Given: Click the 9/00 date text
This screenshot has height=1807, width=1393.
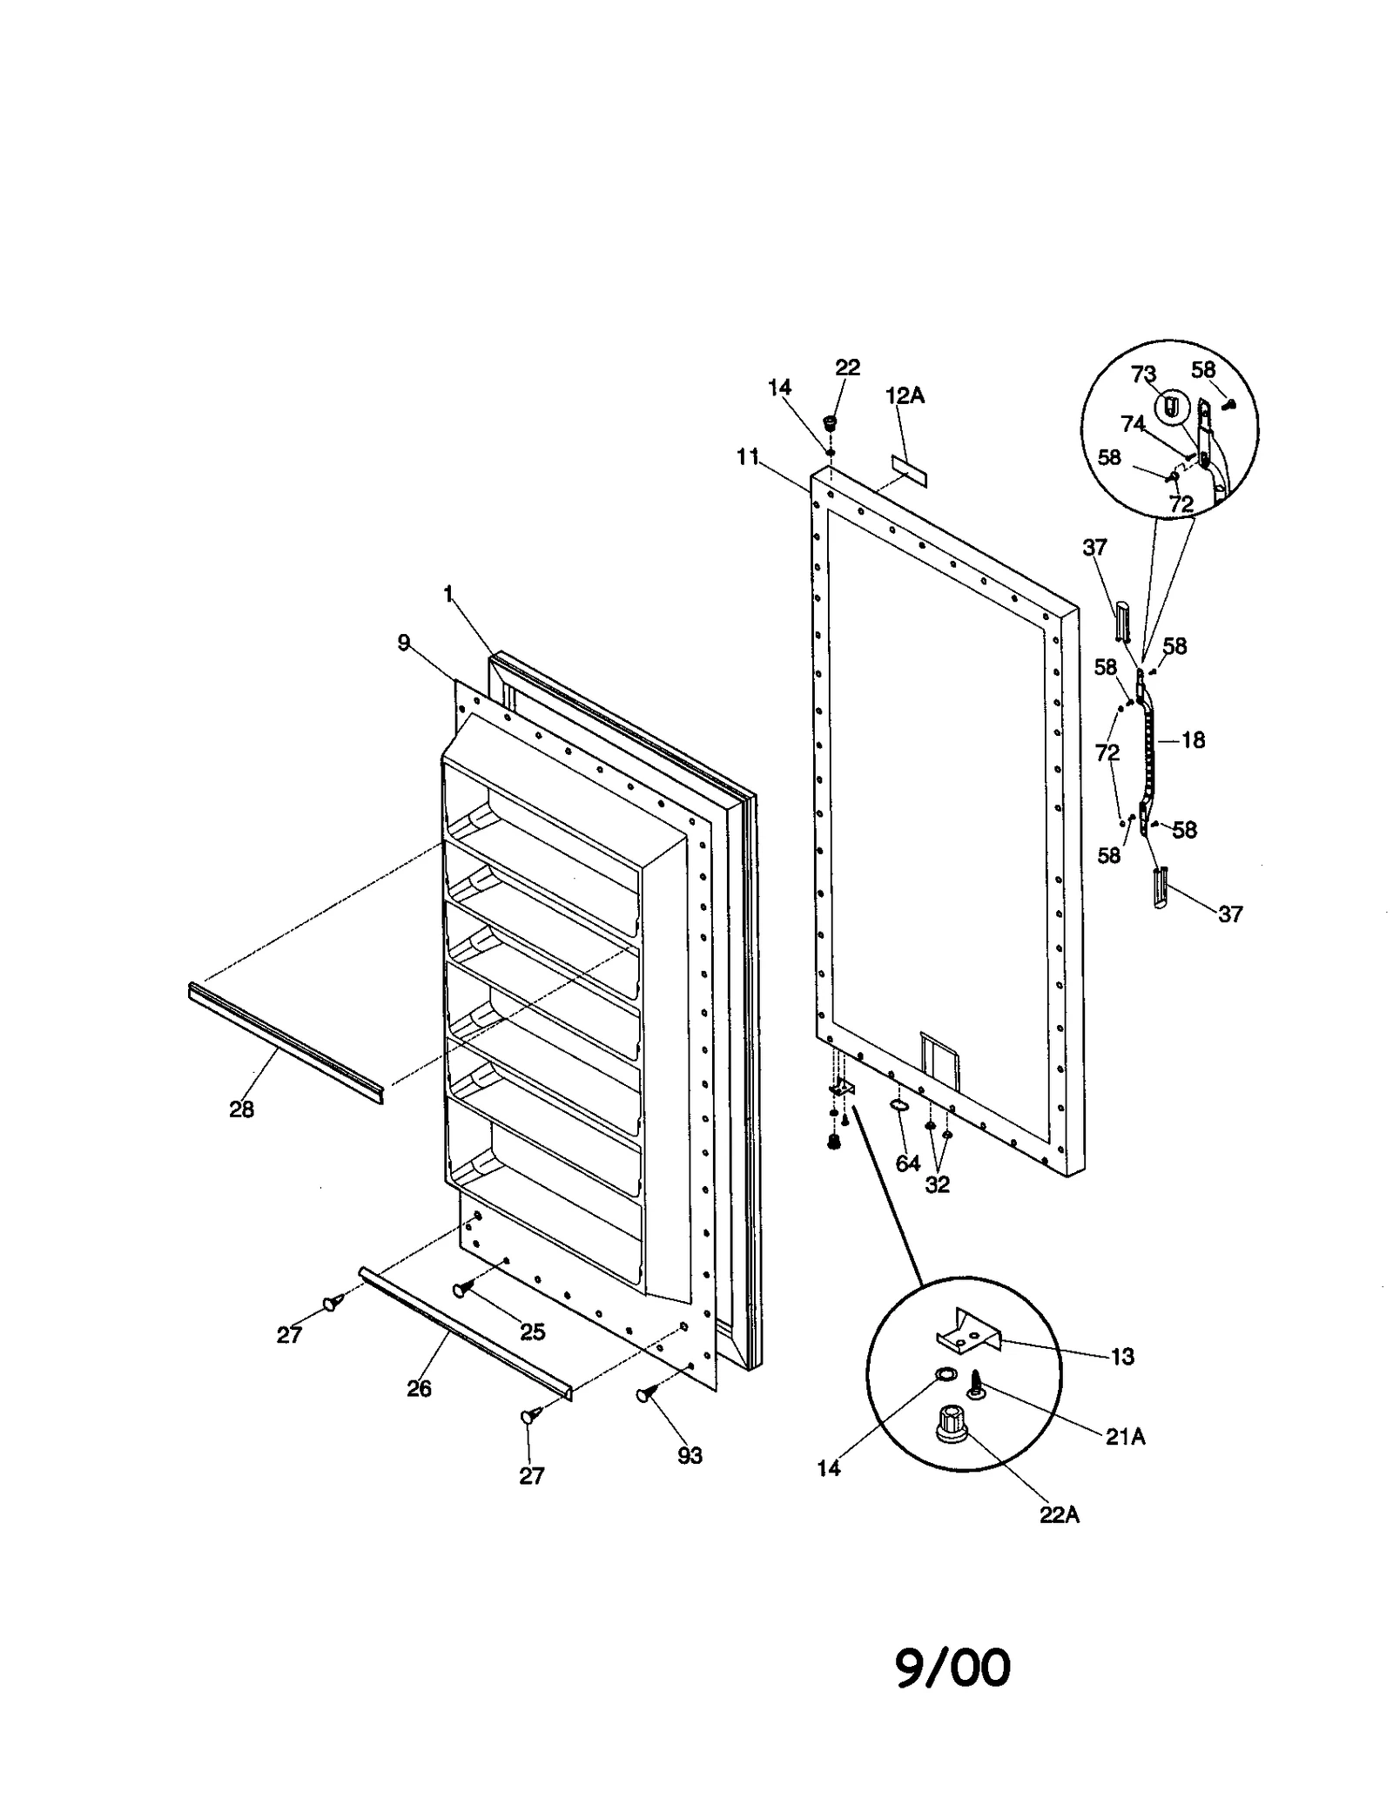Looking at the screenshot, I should (x=953, y=1668).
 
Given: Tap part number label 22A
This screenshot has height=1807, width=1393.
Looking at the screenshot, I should (x=1059, y=1514).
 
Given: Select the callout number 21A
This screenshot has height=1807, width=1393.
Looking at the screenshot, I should (x=1125, y=1437).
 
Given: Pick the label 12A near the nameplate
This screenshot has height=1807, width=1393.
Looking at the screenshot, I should (x=905, y=396).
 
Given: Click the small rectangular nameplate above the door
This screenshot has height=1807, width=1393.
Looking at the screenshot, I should (x=908, y=470).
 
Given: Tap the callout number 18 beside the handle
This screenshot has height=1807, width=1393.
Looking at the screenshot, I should (x=1193, y=740).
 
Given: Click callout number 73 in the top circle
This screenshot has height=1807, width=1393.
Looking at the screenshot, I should (x=1143, y=374).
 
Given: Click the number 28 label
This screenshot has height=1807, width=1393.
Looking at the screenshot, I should (x=241, y=1109).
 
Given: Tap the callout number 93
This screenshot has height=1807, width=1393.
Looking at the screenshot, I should (x=690, y=1455).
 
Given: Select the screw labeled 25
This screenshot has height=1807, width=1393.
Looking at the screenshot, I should (x=462, y=1289).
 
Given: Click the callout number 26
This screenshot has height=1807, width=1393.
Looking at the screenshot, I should (x=419, y=1388).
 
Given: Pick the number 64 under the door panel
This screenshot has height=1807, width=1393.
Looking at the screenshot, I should (x=908, y=1163).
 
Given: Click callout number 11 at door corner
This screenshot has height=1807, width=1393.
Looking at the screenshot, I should (x=748, y=456).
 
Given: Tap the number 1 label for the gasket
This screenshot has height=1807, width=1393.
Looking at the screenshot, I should (x=448, y=594).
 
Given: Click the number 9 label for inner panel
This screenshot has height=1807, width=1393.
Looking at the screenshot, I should (x=403, y=642).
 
